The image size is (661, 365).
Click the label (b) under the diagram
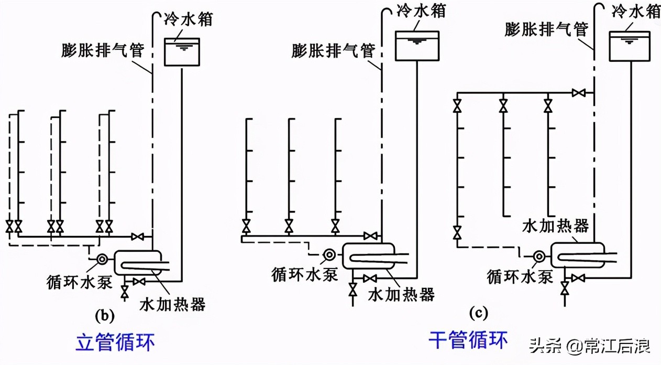[x=104, y=316]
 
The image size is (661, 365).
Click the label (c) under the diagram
[x=479, y=313]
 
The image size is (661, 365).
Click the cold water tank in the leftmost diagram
[x=182, y=51]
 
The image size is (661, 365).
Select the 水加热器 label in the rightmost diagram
[x=555, y=226]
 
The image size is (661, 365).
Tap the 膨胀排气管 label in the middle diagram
[x=334, y=50]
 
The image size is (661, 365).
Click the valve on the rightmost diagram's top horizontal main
[x=579, y=93]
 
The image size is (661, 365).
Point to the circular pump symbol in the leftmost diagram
[x=102, y=259]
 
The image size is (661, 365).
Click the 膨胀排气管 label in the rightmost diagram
[x=547, y=29]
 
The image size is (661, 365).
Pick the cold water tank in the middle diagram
[x=417, y=46]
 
